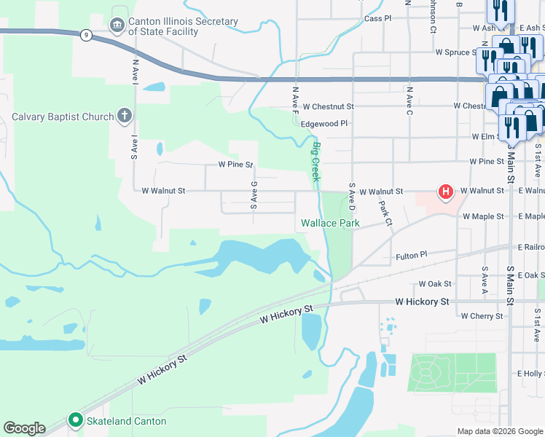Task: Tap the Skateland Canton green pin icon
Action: pyautogui.click(x=74, y=420)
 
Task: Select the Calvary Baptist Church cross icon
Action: pyautogui.click(x=125, y=116)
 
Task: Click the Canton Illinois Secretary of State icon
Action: pyautogui.click(x=117, y=26)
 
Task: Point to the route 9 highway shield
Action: pyautogui.click(x=86, y=36)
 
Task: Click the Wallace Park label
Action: pyautogui.click(x=330, y=223)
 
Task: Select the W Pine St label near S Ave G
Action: pyautogui.click(x=230, y=165)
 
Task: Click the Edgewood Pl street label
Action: pyautogui.click(x=324, y=124)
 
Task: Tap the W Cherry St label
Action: pyautogui.click(x=482, y=316)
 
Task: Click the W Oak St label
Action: pyautogui.click(x=435, y=283)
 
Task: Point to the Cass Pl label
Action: pyautogui.click(x=377, y=17)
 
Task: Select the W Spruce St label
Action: pyautogui.click(x=462, y=52)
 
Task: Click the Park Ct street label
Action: pyautogui.click(x=385, y=213)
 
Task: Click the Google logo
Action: pyautogui.click(x=24, y=428)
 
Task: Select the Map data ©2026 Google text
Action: pyautogui.click(x=499, y=431)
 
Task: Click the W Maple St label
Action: pyautogui.click(x=482, y=216)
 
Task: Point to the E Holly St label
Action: pyautogui.click(x=530, y=373)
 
